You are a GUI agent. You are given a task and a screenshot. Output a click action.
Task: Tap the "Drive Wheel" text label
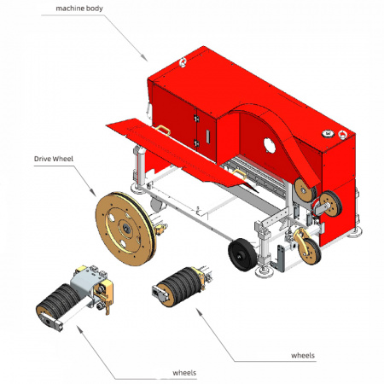(50, 159)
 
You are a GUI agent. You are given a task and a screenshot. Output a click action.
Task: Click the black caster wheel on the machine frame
(241, 252)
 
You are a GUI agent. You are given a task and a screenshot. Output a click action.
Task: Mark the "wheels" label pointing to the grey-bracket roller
(186, 373)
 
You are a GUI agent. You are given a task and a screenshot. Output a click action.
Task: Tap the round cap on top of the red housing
(326, 132)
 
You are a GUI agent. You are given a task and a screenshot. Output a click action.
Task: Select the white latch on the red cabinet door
(208, 137)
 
